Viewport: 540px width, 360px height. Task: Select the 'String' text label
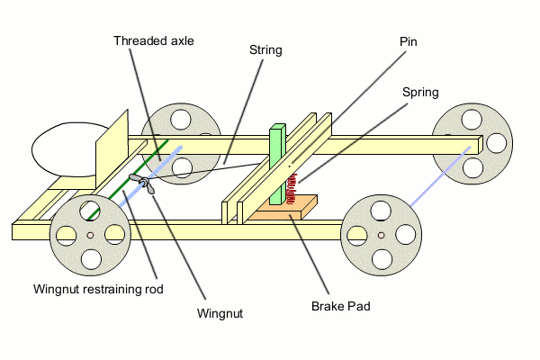265,50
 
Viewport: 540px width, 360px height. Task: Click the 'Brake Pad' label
341,306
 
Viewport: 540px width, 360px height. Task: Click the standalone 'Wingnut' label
220,313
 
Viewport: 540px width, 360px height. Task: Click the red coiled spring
292,192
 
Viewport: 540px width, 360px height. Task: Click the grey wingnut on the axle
141,184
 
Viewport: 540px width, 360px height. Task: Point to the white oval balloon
61,150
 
